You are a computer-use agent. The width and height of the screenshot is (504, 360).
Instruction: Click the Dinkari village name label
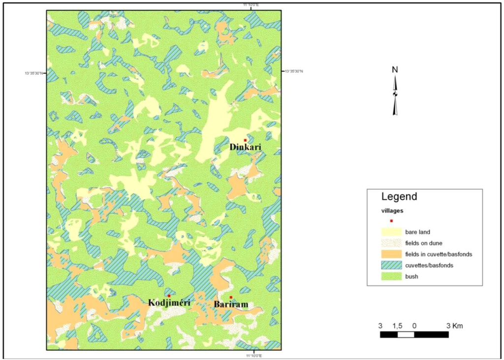(245, 147)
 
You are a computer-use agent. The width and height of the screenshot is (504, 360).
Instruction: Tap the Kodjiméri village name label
(169, 303)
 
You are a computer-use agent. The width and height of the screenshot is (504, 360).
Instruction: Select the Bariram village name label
(231, 305)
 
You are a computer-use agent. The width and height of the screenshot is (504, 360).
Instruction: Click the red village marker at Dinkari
(245, 140)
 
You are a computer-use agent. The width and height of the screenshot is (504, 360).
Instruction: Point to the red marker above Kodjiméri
(169, 295)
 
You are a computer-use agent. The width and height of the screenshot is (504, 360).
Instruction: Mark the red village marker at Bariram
(231, 297)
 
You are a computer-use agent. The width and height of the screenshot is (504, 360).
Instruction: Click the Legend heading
(399, 197)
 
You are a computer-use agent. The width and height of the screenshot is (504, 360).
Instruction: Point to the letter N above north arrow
(395, 70)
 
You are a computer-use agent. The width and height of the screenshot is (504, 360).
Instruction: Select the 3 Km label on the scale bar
(454, 326)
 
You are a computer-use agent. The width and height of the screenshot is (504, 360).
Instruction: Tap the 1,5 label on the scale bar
(398, 326)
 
